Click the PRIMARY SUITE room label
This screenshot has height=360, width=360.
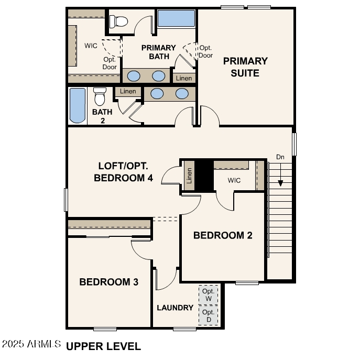(245, 67)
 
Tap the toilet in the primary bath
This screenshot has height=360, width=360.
(121, 21)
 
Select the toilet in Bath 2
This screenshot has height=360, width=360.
(100, 96)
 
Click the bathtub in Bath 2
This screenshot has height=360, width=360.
(78, 105)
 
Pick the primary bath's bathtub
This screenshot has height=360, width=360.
(177, 18)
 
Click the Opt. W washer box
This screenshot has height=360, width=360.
(209, 294)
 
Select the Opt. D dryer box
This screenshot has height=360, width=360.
(209, 315)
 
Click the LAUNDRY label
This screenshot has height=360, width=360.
(175, 308)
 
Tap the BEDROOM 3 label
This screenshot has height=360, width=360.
(108, 282)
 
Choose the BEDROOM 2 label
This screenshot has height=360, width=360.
(223, 235)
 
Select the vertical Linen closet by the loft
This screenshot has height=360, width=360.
(189, 176)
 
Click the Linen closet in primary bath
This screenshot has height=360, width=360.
(184, 78)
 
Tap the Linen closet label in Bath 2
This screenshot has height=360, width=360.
(128, 91)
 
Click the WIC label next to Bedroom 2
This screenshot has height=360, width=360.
(234, 180)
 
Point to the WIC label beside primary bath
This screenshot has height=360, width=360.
(91, 46)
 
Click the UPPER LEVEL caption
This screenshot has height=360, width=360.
(104, 346)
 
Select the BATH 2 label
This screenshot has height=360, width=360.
(102, 116)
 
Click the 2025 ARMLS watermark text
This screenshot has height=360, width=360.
(31, 345)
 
